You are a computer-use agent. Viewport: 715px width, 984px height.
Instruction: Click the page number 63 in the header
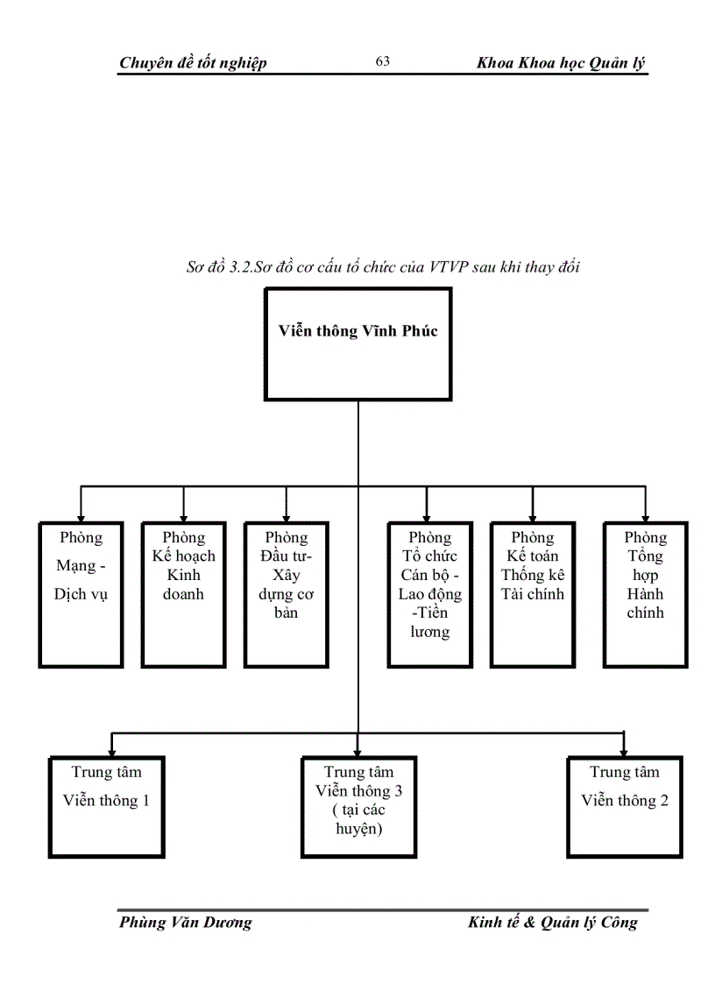[x=382, y=61]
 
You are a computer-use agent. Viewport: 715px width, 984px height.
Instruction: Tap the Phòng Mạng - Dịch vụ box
[x=81, y=594]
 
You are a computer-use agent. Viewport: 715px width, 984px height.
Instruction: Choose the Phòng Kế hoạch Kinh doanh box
[x=183, y=594]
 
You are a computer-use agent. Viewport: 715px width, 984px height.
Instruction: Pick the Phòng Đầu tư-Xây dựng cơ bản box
[x=287, y=594]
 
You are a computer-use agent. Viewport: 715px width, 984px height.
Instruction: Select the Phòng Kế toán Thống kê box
[x=533, y=594]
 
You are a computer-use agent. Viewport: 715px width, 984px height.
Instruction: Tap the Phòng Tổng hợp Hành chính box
[x=645, y=594]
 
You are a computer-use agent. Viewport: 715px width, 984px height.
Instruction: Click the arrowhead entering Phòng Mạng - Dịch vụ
[x=81, y=517]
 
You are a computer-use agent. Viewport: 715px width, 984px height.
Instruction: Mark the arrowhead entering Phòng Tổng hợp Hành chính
[x=645, y=517]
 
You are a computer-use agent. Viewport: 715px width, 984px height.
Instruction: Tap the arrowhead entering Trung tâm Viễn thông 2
[x=623, y=750]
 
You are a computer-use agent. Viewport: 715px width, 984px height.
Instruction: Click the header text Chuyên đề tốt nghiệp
[x=193, y=62]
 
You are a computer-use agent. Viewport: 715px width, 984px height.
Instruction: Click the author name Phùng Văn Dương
[x=185, y=923]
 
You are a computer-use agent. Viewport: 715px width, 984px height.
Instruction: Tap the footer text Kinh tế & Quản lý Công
[x=553, y=923]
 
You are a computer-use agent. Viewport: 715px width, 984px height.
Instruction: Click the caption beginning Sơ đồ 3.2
[x=384, y=267]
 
